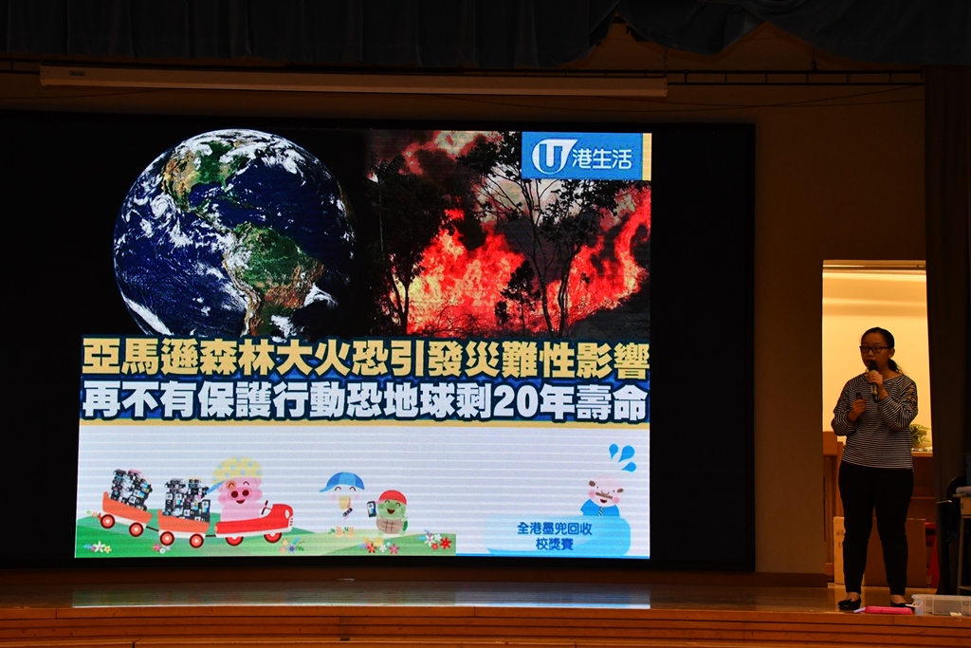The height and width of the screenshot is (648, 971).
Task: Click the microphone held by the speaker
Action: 873,380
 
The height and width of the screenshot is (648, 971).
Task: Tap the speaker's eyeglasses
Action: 873,349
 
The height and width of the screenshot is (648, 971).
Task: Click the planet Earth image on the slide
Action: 234,234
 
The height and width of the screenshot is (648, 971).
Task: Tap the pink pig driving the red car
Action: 238,490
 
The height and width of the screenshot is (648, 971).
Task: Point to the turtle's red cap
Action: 392,497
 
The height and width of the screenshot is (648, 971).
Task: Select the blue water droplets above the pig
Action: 622,456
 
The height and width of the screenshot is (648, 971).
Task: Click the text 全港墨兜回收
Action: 554,528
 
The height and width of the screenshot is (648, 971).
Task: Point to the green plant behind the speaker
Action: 918,433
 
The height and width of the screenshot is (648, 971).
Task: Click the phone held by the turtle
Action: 372,509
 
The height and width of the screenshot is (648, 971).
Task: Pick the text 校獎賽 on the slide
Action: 554,544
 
